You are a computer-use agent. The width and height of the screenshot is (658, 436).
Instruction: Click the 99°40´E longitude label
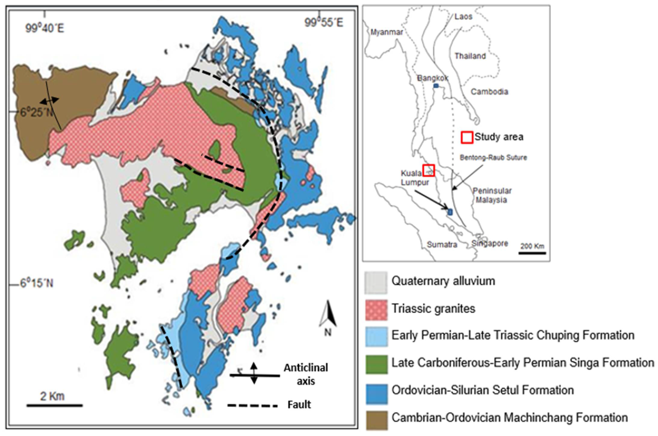(45, 28)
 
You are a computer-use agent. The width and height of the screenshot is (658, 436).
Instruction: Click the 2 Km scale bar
(55, 405)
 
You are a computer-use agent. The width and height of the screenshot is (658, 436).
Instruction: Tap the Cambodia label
(489, 92)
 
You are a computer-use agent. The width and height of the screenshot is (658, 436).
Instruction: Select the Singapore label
(490, 244)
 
